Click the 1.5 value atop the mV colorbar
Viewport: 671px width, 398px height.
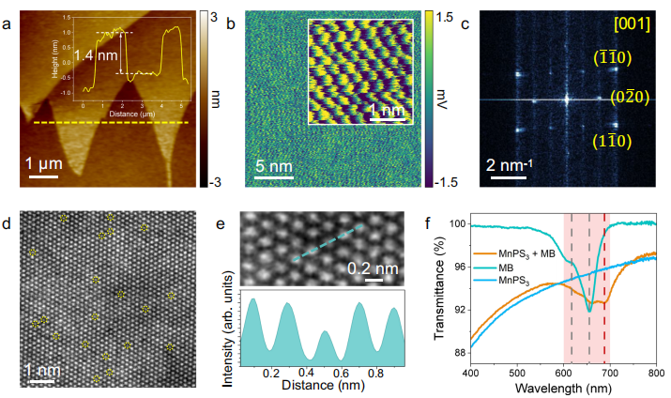tap(444, 17)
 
